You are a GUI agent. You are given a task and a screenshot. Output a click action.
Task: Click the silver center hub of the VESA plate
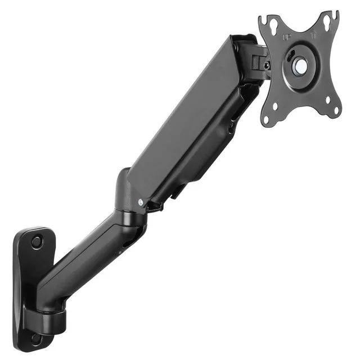click(x=300, y=66)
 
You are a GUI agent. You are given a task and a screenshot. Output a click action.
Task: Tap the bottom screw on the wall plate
click(x=37, y=339)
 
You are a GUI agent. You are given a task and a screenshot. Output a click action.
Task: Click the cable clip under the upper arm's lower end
click(x=155, y=206)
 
